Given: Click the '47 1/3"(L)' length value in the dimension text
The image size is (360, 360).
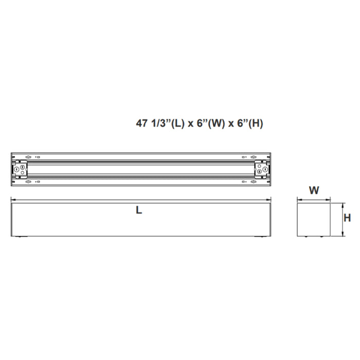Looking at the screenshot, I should (x=156, y=124).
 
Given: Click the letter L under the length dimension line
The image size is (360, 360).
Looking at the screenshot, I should (x=139, y=210).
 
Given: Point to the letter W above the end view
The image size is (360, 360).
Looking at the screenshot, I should (x=314, y=190).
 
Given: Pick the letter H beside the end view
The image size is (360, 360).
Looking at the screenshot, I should (x=347, y=218).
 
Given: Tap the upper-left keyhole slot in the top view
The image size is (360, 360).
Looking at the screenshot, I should (x=28, y=156).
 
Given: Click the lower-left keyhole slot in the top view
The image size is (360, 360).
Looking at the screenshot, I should (x=28, y=181).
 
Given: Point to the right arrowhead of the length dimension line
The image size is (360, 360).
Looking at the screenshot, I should (x=271, y=200).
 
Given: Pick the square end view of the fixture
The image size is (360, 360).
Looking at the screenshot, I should (x=314, y=220).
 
